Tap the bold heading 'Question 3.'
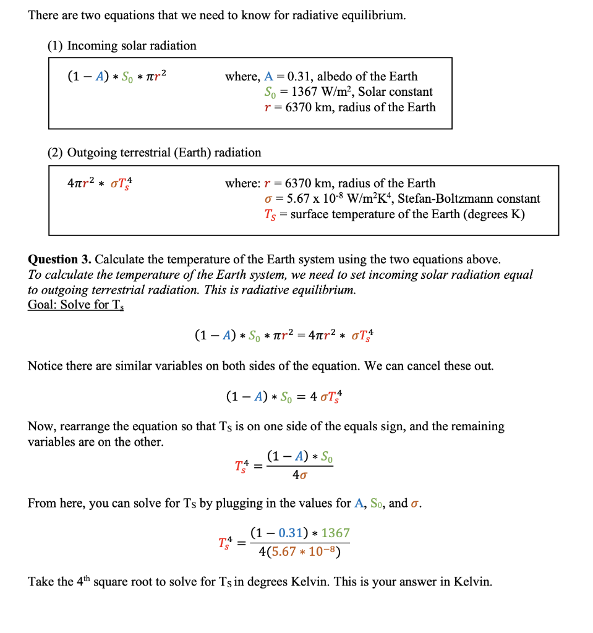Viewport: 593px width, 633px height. pyautogui.click(x=59, y=259)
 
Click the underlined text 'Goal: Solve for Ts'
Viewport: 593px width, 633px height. pyautogui.click(x=75, y=305)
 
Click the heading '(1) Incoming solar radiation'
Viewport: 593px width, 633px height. pyautogui.click(x=122, y=46)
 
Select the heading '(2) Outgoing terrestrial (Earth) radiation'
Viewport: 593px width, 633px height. pyautogui.click(x=155, y=153)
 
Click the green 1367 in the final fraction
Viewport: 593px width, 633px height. pyautogui.click(x=335, y=533)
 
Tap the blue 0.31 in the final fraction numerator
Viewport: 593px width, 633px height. pyautogui.click(x=291, y=533)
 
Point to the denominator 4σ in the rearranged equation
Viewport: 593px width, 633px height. pyautogui.click(x=300, y=476)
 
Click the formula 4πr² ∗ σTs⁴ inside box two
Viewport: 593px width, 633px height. pyautogui.click(x=100, y=184)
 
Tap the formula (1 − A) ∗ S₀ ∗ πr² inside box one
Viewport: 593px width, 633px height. pyautogui.click(x=116, y=77)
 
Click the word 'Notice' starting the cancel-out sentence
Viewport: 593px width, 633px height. pyautogui.click(x=45, y=366)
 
